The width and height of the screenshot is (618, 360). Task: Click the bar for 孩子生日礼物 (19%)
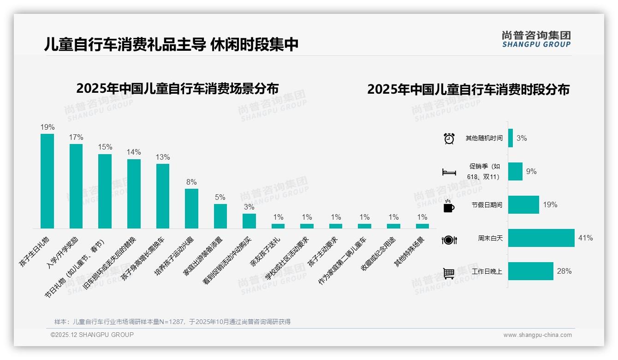click(47, 181)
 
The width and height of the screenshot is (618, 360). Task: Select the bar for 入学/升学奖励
click(76, 186)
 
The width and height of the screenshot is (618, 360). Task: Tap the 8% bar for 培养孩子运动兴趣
click(191, 208)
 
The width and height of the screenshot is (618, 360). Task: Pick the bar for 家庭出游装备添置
click(220, 216)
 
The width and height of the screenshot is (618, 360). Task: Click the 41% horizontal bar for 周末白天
click(541, 238)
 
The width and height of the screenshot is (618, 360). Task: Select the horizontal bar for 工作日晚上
click(530, 271)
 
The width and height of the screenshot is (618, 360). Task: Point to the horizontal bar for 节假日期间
click(523, 205)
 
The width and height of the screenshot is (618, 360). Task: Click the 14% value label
click(134, 152)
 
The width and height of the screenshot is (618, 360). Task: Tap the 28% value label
click(564, 271)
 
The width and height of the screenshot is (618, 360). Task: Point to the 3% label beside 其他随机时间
click(522, 138)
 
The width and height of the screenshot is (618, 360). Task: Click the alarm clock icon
click(449, 138)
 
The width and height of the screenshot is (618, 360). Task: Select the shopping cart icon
click(449, 273)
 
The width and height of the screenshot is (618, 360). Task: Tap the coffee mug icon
click(449, 206)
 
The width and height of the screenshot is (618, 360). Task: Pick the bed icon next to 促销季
click(449, 172)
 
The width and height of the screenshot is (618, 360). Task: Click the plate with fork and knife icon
click(449, 240)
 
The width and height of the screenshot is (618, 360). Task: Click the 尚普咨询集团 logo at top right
click(536, 39)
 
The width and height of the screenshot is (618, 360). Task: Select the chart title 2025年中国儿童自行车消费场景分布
click(178, 88)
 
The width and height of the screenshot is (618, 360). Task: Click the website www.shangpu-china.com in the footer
click(537, 335)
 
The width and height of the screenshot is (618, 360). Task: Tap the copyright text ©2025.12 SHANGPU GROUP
click(92, 335)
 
